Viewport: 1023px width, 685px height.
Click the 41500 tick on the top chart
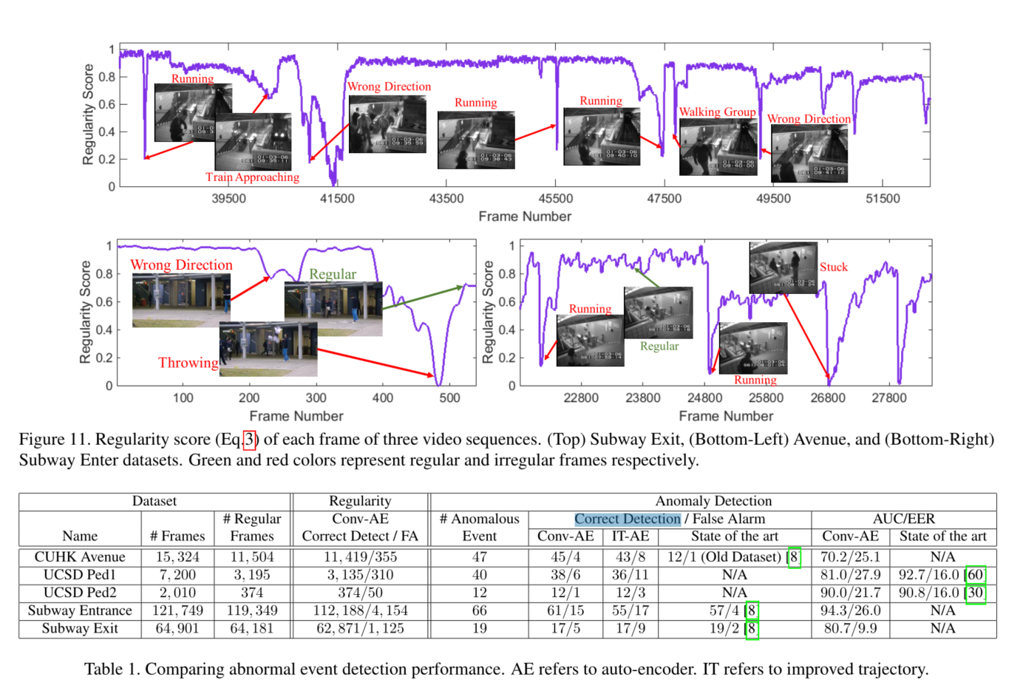point(337,199)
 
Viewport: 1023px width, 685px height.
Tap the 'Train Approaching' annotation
point(252,177)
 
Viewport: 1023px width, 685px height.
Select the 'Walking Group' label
point(717,112)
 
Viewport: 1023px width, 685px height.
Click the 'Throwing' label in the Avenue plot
point(188,363)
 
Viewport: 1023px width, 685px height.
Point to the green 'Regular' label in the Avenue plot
point(333,274)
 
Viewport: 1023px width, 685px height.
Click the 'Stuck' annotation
point(833,267)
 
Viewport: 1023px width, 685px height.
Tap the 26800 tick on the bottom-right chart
point(828,398)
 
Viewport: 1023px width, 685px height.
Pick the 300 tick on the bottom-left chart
point(316,398)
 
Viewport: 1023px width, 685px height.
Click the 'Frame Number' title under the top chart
point(525,217)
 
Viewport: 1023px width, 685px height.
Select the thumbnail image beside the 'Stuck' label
point(783,267)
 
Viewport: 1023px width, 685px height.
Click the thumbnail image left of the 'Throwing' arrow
point(268,350)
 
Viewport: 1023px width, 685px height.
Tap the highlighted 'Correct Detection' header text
point(628,519)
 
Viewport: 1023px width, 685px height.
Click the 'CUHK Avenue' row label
point(80,557)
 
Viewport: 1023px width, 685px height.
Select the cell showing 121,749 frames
point(177,611)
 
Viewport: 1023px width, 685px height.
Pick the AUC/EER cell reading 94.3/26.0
point(850,611)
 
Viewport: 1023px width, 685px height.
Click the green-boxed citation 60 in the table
point(976,575)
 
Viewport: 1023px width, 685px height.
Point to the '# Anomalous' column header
point(480,519)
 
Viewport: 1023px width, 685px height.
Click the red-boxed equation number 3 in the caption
point(250,440)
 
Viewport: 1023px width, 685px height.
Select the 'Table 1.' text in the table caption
point(112,669)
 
